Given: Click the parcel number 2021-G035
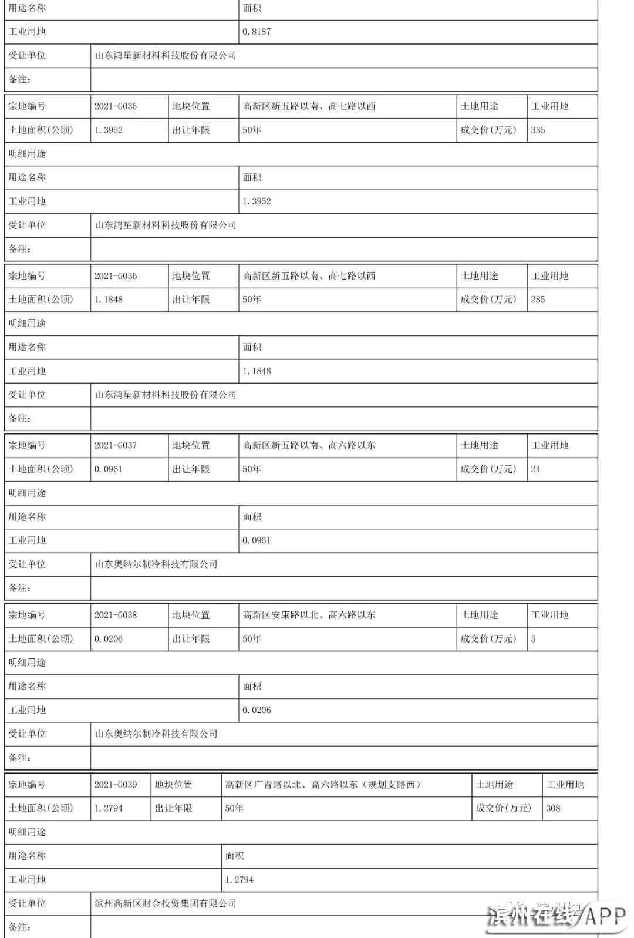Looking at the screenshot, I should (x=116, y=106).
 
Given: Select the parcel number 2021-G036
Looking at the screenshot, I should (x=116, y=276).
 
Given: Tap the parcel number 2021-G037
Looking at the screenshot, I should (x=116, y=445).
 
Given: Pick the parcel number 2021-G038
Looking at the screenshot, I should (x=116, y=615).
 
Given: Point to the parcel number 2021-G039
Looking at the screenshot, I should (x=116, y=785).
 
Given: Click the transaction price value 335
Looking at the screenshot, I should (x=538, y=130).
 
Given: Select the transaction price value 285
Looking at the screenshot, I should (x=538, y=300).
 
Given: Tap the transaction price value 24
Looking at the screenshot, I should (x=535, y=469).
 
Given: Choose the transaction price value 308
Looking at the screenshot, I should (x=553, y=808).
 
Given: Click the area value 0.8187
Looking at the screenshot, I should (x=257, y=32).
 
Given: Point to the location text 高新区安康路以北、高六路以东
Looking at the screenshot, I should (x=309, y=615).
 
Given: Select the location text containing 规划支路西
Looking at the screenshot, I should (x=323, y=785).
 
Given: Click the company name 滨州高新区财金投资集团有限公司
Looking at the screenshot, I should (x=166, y=903).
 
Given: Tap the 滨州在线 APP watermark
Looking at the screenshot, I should (x=558, y=917).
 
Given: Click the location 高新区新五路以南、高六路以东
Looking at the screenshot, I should (x=309, y=445).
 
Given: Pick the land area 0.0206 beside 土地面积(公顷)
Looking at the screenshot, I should (x=109, y=639).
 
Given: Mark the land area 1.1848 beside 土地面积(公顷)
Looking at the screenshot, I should (x=109, y=300).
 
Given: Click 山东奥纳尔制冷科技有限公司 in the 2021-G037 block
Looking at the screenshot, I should (x=156, y=564).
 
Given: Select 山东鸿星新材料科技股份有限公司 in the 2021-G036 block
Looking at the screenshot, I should (x=166, y=395).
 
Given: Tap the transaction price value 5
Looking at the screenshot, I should (x=533, y=639).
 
